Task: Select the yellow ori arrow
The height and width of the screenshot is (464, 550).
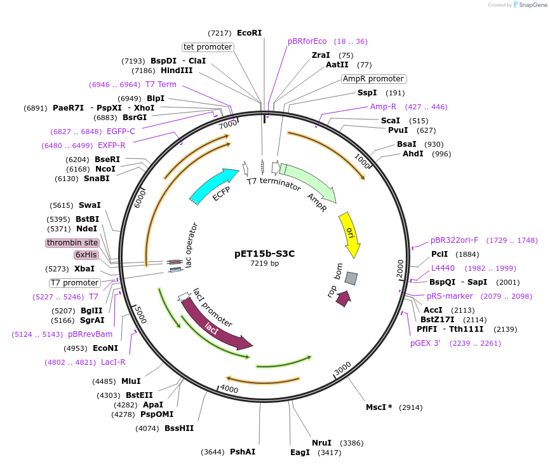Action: pyautogui.click(x=351, y=232)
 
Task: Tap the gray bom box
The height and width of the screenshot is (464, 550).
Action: pyautogui.click(x=351, y=278)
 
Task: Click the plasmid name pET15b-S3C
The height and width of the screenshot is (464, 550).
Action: pyautogui.click(x=264, y=253)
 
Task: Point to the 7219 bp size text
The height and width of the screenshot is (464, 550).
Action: pyautogui.click(x=264, y=263)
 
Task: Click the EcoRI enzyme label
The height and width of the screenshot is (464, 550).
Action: pyautogui.click(x=249, y=32)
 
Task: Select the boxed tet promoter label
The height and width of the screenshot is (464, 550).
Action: pyautogui.click(x=208, y=47)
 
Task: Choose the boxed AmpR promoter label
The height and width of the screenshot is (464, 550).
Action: pyautogui.click(x=373, y=79)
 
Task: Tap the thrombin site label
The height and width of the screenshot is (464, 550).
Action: pyautogui.click(x=72, y=243)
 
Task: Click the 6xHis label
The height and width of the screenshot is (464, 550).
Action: pyautogui.click(x=86, y=255)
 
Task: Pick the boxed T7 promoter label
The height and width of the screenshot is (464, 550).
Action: pyautogui.click(x=75, y=283)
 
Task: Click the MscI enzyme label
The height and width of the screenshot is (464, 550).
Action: pyautogui.click(x=379, y=407)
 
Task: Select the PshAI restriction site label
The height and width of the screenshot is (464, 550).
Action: pyautogui.click(x=243, y=452)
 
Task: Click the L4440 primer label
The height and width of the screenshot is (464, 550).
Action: pyautogui.click(x=443, y=268)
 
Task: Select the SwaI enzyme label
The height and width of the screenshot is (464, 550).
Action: pyautogui.click(x=90, y=205)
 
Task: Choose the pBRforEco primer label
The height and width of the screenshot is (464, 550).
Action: pyautogui.click(x=307, y=41)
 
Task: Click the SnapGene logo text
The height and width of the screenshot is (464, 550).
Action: pyautogui.click(x=533, y=4)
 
